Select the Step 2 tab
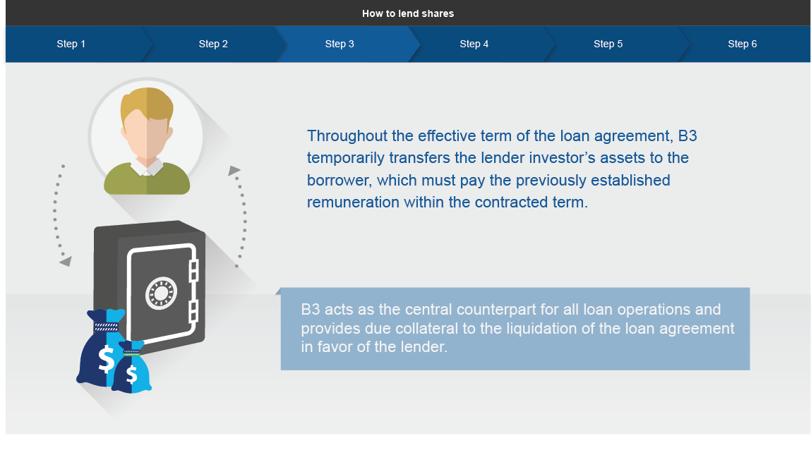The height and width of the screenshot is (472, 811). [213, 44]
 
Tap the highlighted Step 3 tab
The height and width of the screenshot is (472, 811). [340, 44]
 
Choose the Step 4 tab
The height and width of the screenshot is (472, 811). [474, 44]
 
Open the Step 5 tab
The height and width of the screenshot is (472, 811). [608, 44]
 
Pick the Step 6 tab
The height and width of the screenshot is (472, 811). [743, 44]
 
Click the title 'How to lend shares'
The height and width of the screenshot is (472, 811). [408, 13]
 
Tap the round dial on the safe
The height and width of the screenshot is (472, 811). [161, 294]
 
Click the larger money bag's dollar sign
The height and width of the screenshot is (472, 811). [106, 359]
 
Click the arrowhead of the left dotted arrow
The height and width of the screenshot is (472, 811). [66, 262]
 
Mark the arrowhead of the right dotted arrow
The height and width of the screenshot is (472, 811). [234, 171]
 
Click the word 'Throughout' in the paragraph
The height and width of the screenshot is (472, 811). [347, 136]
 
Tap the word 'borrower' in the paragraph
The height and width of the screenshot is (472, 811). [340, 181]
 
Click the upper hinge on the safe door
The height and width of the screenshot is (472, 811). [194, 270]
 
